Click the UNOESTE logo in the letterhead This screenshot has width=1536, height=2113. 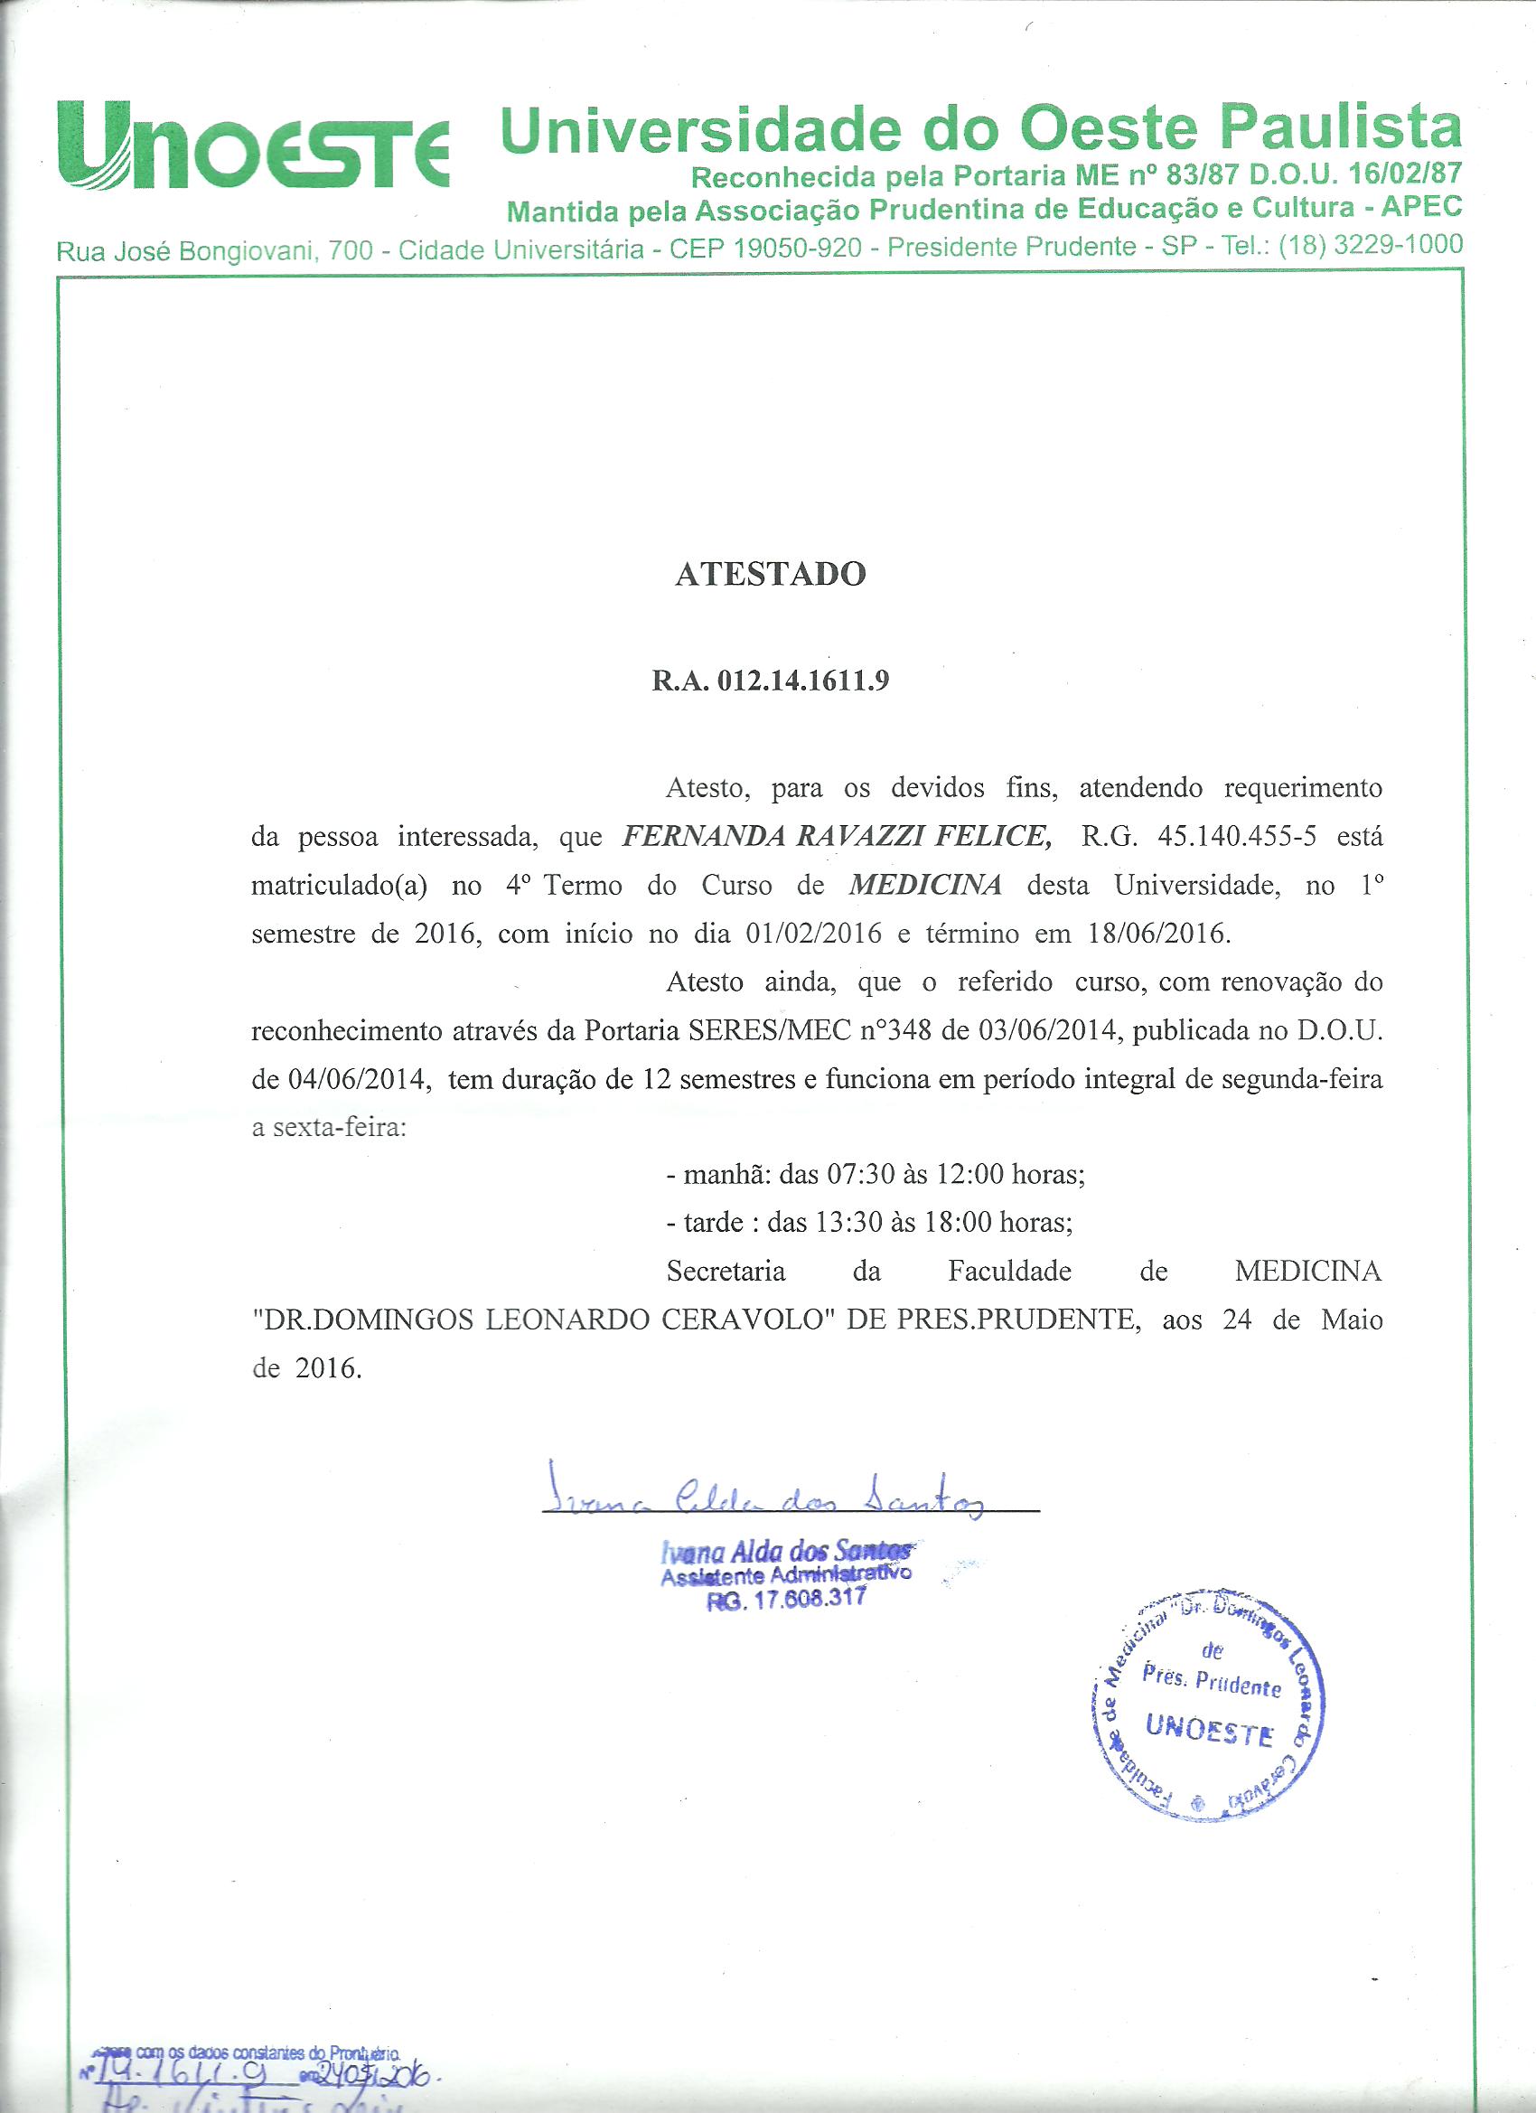(x=251, y=146)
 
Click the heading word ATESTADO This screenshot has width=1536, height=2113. (x=770, y=574)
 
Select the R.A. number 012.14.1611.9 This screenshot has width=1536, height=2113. (x=802, y=681)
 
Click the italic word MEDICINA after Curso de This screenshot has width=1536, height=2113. (x=925, y=884)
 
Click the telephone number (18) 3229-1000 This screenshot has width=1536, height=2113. (x=1370, y=246)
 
